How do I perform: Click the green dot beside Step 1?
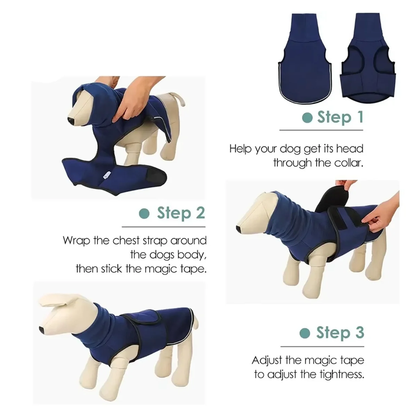pyautogui.click(x=307, y=118)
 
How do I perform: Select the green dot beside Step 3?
pyautogui.click(x=305, y=333)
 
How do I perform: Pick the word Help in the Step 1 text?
pyautogui.click(x=240, y=149)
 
